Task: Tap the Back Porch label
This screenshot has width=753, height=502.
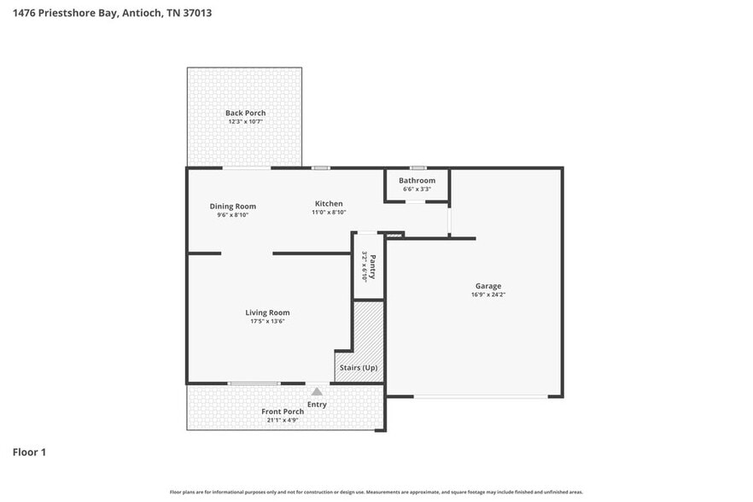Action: (x=245, y=113)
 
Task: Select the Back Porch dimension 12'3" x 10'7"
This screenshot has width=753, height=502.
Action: (x=245, y=122)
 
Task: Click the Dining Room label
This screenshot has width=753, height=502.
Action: (x=233, y=206)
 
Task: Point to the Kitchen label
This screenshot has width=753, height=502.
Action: (x=329, y=203)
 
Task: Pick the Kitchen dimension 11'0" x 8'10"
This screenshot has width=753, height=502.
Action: (x=329, y=213)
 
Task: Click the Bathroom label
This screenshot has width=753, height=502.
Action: (x=417, y=180)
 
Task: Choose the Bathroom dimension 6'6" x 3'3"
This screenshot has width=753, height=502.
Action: (x=417, y=190)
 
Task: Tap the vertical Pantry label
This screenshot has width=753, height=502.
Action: (x=372, y=266)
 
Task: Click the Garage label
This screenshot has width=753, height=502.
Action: (x=488, y=286)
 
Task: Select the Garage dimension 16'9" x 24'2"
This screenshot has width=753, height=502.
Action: (x=488, y=295)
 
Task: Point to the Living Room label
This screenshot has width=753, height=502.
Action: (x=267, y=312)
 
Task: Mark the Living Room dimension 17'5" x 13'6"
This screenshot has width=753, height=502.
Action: (x=267, y=322)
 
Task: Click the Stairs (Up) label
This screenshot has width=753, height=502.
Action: (x=359, y=368)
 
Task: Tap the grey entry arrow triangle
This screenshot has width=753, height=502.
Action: (x=317, y=391)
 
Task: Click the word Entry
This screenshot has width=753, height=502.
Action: (x=317, y=404)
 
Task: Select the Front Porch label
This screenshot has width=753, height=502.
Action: (x=283, y=412)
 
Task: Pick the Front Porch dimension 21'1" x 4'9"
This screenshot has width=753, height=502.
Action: (x=283, y=420)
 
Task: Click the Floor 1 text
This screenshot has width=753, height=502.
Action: (x=29, y=452)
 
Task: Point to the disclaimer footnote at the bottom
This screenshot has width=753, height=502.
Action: (x=376, y=493)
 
